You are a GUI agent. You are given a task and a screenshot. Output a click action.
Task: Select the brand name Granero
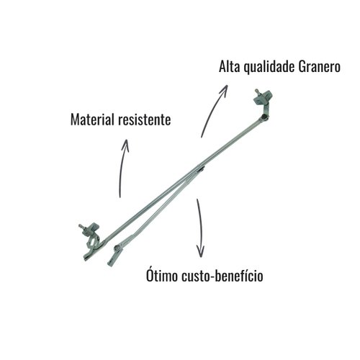click(320, 67)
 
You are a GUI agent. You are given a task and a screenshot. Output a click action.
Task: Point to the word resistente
click(145, 120)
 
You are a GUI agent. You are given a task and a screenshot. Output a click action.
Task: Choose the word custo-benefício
click(222, 276)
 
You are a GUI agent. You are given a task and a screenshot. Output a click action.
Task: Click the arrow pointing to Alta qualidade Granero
click(212, 109)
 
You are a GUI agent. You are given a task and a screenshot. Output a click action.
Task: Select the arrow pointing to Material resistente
click(123, 168)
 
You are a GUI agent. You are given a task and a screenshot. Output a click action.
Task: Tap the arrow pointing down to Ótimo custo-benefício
click(200, 228)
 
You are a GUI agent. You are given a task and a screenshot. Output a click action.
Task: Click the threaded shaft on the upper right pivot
click(258, 92)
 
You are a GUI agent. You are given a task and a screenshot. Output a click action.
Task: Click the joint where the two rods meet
click(199, 167)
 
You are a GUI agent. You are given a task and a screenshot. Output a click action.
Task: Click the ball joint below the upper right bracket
click(264, 117)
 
